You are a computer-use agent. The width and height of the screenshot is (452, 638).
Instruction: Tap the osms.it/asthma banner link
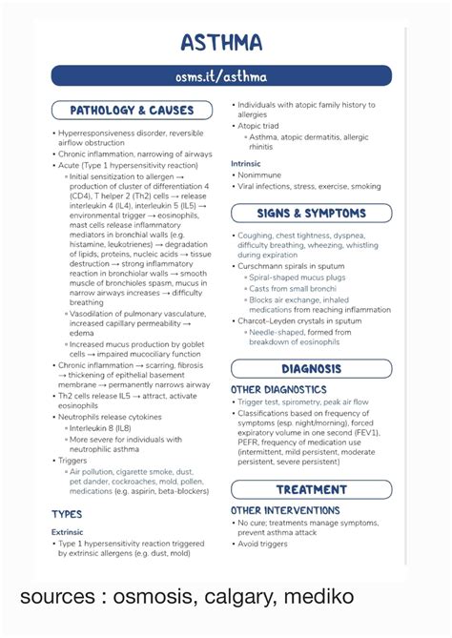point(221,76)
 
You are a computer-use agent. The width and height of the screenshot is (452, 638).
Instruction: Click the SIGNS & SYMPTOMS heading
point(311,214)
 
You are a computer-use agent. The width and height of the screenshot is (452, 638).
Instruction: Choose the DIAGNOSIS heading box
point(311,368)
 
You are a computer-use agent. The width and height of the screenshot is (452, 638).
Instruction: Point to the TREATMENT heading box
point(311,489)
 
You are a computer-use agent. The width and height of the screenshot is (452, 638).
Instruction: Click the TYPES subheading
point(67,514)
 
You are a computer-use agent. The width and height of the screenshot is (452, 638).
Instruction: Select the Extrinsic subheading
point(68,532)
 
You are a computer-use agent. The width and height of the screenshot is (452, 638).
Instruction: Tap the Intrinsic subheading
point(246,164)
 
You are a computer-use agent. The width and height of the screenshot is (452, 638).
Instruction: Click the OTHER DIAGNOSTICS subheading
point(278,389)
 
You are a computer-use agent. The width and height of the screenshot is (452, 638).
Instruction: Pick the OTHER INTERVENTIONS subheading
point(284,510)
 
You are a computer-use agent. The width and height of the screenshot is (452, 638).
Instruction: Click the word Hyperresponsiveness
point(99,133)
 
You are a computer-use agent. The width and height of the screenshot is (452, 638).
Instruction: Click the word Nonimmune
point(262,175)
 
